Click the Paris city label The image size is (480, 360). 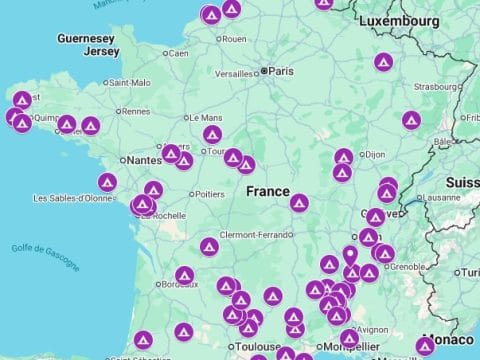281,71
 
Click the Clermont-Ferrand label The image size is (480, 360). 253,234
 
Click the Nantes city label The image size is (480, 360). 142,159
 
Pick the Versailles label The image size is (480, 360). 234,74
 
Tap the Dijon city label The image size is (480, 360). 376,155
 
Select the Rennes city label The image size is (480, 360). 135,111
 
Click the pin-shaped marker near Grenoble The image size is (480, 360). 350,256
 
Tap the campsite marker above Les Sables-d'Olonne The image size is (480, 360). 107,182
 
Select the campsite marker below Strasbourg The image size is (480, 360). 410,120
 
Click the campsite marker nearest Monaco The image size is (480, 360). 425,346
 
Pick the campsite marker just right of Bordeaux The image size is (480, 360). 184,275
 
